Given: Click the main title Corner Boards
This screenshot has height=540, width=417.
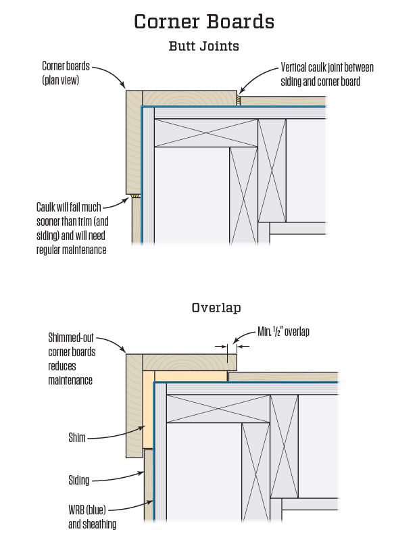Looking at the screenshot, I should pyautogui.click(x=203, y=21).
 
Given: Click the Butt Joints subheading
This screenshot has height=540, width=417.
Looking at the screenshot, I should pyautogui.click(x=203, y=47).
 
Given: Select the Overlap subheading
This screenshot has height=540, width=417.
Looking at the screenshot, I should pyautogui.click(x=216, y=308).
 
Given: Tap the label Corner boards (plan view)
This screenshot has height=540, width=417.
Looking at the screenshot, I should pyautogui.click(x=66, y=72).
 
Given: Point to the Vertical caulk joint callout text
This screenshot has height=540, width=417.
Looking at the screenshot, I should pyautogui.click(x=326, y=74).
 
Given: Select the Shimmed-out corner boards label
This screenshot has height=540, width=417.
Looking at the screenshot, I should pyautogui.click(x=72, y=358).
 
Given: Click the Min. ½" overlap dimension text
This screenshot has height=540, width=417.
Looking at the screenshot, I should pyautogui.click(x=283, y=332).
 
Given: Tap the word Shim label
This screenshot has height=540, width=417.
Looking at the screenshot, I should pyautogui.click(x=76, y=437).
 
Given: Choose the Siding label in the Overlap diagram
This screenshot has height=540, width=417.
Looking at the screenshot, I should pyautogui.click(x=78, y=481).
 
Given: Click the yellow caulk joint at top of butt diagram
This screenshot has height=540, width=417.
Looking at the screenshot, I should pyautogui.click(x=239, y=100).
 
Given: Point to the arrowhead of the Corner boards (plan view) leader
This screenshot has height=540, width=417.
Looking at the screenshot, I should pyautogui.click(x=125, y=89).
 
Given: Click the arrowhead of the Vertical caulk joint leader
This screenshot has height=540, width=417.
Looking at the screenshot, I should pyautogui.click(x=239, y=93).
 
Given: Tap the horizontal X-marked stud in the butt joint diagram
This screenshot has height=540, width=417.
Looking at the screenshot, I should pyautogui.click(x=205, y=132).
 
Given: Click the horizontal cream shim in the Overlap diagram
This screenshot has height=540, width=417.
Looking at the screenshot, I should pyautogui.click(x=191, y=376).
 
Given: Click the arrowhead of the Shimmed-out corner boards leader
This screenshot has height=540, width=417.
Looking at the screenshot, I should pyautogui.click(x=126, y=352).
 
